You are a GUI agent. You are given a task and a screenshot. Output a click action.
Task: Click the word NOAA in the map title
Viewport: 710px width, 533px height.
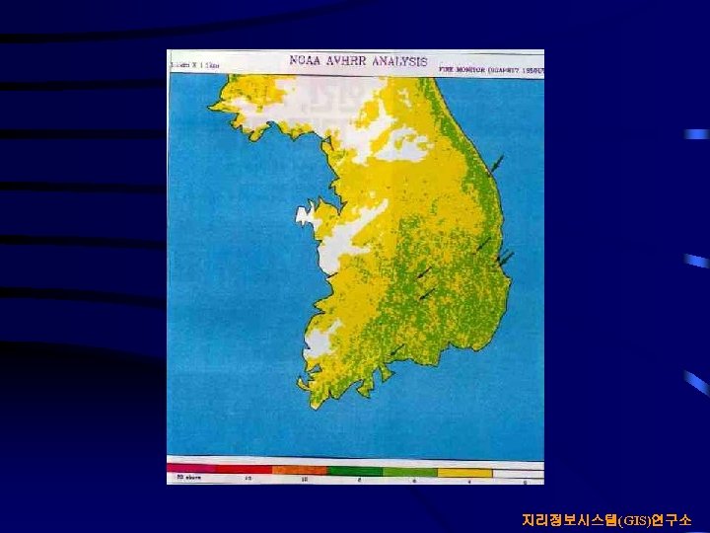(x=308, y=60)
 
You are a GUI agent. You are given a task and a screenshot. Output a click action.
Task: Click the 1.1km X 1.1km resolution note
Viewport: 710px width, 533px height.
(x=195, y=65)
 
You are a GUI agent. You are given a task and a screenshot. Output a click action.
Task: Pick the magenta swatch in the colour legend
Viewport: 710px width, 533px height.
(x=191, y=468)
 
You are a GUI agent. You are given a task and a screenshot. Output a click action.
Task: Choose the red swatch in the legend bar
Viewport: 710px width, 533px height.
(x=244, y=469)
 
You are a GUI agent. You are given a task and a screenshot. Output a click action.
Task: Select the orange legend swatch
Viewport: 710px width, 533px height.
(x=299, y=470)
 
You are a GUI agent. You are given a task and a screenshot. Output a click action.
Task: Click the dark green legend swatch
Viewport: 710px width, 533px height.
(x=354, y=471)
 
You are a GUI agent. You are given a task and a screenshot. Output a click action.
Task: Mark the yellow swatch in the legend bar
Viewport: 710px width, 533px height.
(x=464, y=473)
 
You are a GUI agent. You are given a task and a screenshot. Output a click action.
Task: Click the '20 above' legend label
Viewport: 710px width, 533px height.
(x=187, y=478)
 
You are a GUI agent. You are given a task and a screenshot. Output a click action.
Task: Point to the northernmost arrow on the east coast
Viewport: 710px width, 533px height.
(x=498, y=163)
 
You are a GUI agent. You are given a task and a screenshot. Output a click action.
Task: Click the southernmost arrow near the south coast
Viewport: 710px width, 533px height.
(x=394, y=351)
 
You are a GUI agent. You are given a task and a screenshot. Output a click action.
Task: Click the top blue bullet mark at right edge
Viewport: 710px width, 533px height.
(x=696, y=134)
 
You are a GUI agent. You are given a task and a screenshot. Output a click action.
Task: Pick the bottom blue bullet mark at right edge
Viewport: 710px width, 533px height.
(x=696, y=382)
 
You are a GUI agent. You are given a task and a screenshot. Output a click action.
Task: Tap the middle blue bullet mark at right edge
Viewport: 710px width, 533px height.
(x=696, y=262)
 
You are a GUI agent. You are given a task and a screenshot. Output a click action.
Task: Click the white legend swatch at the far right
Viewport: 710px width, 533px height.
(x=519, y=474)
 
